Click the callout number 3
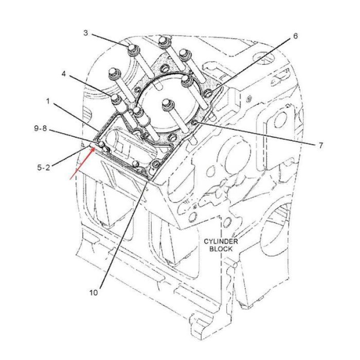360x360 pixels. [x=86, y=33]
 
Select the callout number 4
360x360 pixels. [x=63, y=74]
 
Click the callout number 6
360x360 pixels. [x=295, y=36]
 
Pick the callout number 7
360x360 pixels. [x=319, y=146]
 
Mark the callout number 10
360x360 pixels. [x=93, y=293]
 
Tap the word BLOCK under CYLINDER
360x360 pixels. [x=221, y=248]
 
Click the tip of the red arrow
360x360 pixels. [x=94, y=148]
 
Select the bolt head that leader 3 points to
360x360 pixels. [x=131, y=48]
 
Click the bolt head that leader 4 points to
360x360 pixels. [x=114, y=97]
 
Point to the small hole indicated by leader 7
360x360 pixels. [x=196, y=122]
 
